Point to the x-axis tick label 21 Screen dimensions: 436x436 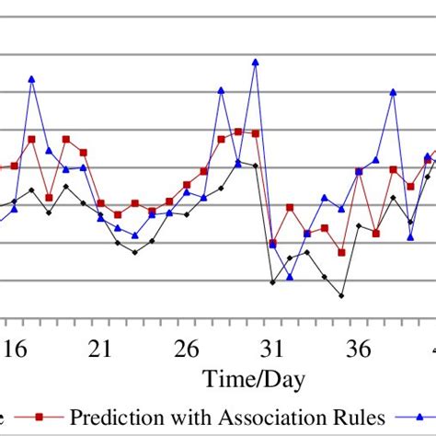tap(100, 350)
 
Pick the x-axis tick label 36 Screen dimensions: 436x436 tap(359, 350)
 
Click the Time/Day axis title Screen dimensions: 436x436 tap(255, 379)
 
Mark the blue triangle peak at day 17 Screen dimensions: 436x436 tap(31, 79)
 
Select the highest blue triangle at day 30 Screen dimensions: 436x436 tap(255, 63)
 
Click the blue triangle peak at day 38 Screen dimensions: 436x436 tap(393, 92)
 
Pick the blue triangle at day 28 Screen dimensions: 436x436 tap(221, 90)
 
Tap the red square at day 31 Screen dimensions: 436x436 tap(272, 243)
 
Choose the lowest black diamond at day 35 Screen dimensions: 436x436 tap(341, 296)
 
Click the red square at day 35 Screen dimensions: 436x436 tap(341, 252)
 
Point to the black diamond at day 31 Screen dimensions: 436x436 tap(272, 281)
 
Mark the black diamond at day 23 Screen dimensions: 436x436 tap(135, 252)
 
